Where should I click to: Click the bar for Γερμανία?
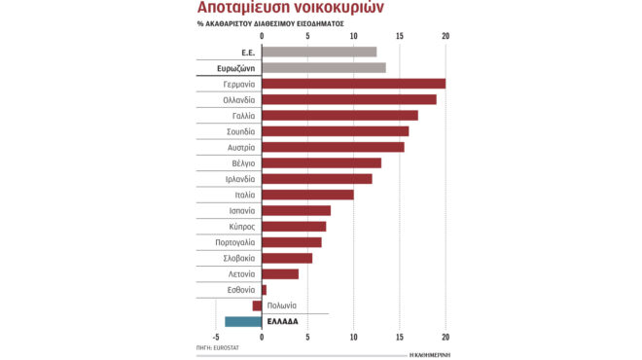coord(353,84)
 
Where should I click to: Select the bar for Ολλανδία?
coord(348,99)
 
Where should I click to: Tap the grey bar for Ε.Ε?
coord(319,52)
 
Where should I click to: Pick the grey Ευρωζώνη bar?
coord(324,67)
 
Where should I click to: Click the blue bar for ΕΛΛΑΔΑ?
coord(243,321)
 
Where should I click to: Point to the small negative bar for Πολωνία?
coord(257,306)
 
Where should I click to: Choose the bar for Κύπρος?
coord(294,226)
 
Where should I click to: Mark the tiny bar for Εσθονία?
coord(264,289)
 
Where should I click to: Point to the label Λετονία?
coord(238,273)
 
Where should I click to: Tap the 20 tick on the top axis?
coord(446,37)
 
